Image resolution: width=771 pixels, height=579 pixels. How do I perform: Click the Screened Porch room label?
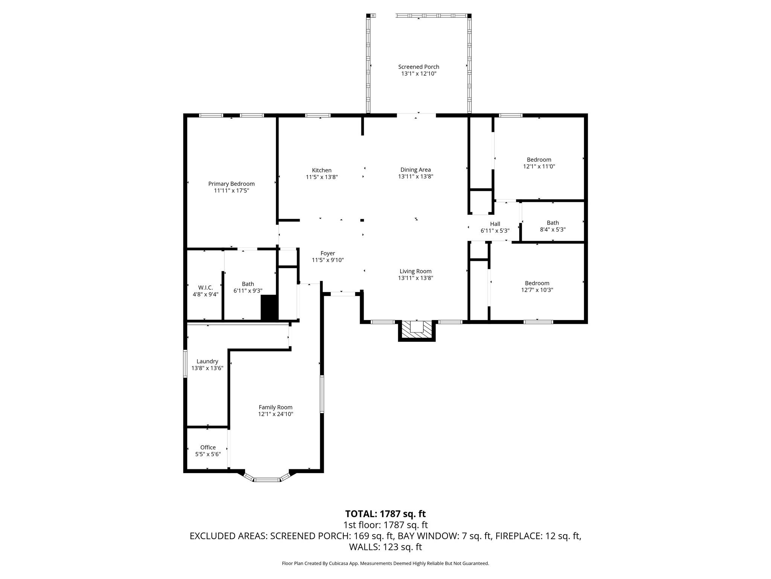[419, 67]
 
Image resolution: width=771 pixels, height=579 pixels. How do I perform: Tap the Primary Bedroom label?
[231, 184]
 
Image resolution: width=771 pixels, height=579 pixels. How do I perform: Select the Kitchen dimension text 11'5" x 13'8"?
[322, 177]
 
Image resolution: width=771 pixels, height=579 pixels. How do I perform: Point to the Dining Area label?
[415, 170]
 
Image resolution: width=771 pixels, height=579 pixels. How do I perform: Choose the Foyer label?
[328, 253]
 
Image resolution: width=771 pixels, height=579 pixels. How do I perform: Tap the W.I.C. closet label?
[206, 288]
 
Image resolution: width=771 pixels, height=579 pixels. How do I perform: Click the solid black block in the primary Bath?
[269, 308]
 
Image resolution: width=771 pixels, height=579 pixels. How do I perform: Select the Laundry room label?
[207, 361]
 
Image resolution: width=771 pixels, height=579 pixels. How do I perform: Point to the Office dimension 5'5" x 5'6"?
[208, 454]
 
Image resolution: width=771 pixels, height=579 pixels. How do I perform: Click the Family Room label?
[275, 407]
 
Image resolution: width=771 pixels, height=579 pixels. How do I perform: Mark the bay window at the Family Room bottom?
[267, 479]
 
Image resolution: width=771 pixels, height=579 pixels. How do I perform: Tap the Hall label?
[495, 224]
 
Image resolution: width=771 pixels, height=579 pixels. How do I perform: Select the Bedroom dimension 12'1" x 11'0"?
[539, 166]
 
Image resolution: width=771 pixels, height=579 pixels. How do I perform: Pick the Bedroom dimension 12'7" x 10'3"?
[537, 290]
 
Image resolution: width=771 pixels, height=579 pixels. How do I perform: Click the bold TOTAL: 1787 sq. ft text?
[385, 514]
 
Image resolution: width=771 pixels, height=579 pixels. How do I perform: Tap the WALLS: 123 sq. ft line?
[385, 547]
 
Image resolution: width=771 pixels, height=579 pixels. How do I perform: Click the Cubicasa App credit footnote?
[385, 564]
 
